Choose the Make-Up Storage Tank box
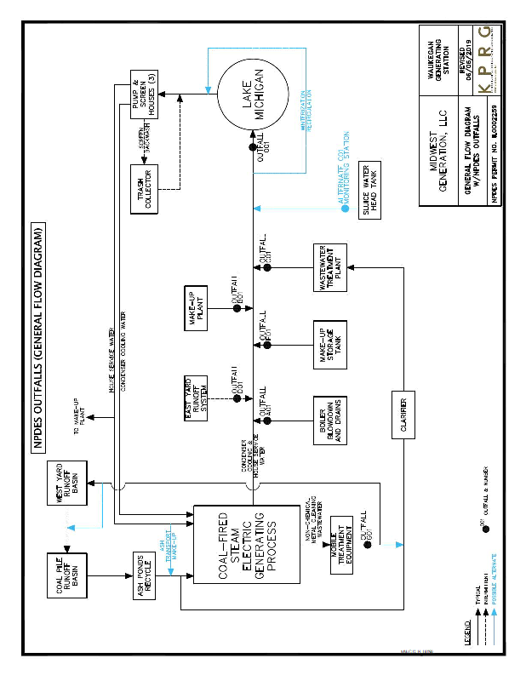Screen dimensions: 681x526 point(327,342)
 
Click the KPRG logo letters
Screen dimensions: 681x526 point(483,60)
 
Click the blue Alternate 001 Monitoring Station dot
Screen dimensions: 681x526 point(345,208)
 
